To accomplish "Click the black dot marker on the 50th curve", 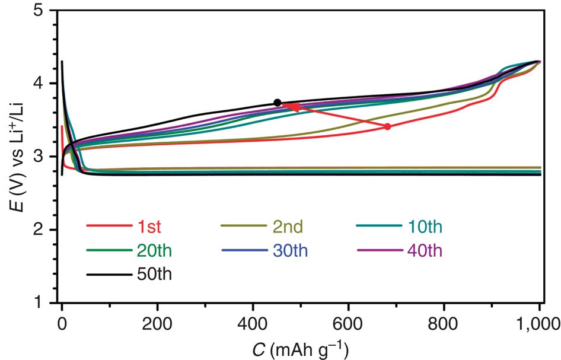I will [277, 103].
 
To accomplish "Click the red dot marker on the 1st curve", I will [387, 126].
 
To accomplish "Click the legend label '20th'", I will [151, 250].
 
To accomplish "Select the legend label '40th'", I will [424, 250].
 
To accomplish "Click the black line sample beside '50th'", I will [109, 275].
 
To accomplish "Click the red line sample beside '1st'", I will [109, 226].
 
